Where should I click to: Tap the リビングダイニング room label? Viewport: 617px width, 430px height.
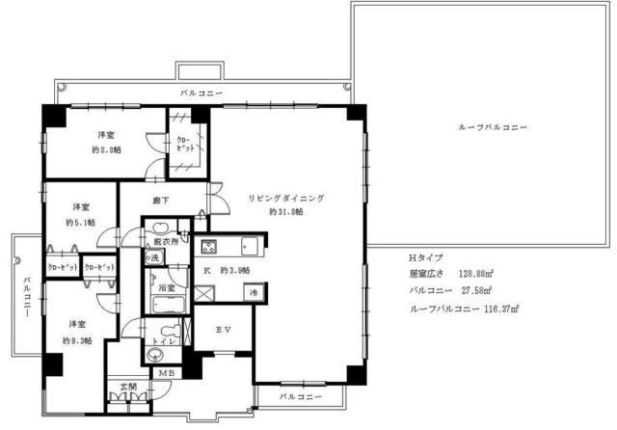tap(286, 197)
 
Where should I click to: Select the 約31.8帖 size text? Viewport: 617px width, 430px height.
tap(286, 211)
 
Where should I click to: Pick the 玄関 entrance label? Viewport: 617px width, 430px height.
tap(127, 388)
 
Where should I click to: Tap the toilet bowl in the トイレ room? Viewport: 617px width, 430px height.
tap(157, 354)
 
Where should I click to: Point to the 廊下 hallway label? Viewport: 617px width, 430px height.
tap(161, 201)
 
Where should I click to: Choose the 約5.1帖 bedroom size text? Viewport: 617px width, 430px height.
tap(79, 222)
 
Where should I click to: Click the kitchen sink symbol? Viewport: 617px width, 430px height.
tap(248, 244)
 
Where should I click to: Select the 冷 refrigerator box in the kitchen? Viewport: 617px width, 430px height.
tap(254, 292)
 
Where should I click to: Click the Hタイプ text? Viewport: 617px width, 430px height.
tap(426, 258)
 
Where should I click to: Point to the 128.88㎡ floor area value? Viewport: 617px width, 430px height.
tap(475, 274)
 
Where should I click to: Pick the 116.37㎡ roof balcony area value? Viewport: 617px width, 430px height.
tap(499, 309)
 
